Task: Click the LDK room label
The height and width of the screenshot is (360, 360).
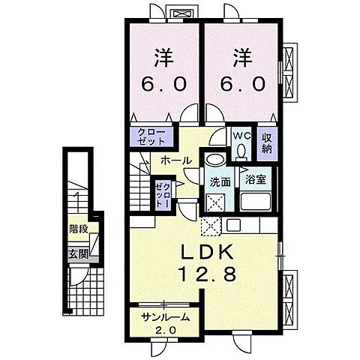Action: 207,251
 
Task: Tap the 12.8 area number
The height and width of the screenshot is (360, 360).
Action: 207,273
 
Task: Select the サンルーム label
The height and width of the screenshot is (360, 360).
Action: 164,317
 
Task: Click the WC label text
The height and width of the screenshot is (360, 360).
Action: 241,136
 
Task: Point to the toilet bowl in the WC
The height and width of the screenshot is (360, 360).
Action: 241,151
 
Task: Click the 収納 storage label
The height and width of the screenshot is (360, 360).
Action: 267,144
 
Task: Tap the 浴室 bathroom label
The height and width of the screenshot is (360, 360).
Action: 255,179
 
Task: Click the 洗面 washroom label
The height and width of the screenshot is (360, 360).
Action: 220,181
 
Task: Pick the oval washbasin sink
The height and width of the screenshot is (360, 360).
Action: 216,160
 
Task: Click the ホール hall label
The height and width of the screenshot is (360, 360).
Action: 175,160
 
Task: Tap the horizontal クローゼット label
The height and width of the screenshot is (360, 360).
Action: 152,136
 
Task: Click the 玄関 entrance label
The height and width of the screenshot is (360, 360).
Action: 79,255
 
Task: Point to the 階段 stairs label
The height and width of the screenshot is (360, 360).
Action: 79,229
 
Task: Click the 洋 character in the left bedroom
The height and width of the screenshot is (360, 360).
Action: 164,58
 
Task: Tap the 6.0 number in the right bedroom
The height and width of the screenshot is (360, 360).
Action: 242,84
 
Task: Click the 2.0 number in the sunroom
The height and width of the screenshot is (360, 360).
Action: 166,331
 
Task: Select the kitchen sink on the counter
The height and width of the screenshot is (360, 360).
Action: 233,225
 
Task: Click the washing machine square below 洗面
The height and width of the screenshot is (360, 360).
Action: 215,202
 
